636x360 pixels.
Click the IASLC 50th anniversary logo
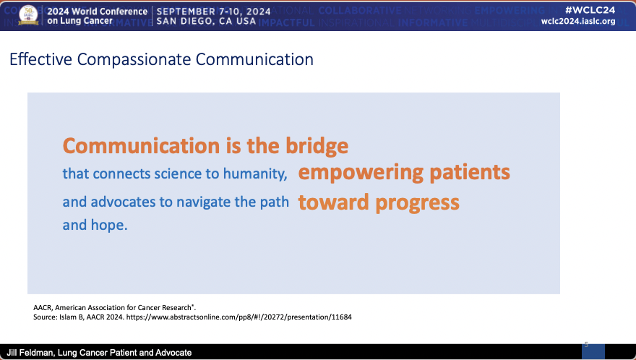(x=28, y=15)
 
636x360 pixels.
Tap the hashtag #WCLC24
(x=590, y=10)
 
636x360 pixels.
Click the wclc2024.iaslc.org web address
(x=578, y=21)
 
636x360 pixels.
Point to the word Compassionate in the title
(x=134, y=60)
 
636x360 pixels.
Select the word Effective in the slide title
(x=41, y=59)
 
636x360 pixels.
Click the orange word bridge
(x=317, y=146)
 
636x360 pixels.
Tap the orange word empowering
(x=361, y=173)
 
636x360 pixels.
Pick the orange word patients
(x=470, y=173)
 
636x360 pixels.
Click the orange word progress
(x=418, y=203)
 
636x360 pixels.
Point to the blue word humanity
(x=255, y=174)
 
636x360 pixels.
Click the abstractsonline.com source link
(x=239, y=317)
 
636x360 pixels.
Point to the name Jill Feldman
(x=30, y=353)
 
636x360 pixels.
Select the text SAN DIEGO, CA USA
(x=206, y=21)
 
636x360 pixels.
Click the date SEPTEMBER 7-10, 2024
(x=213, y=11)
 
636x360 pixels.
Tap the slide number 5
(x=586, y=344)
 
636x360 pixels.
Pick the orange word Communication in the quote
(x=141, y=146)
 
